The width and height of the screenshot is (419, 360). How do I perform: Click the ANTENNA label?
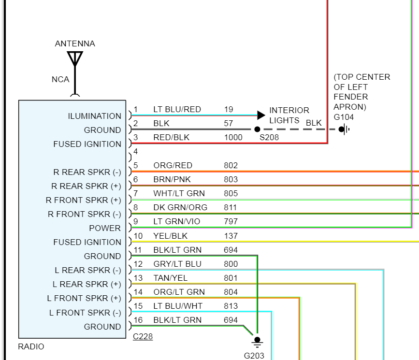(x=75, y=43)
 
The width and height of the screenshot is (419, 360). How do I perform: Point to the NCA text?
(x=60, y=79)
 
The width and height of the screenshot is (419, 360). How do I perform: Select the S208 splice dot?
(x=257, y=130)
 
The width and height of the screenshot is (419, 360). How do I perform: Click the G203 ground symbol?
(x=257, y=341)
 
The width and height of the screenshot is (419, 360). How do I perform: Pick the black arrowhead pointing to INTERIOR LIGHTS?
(x=261, y=115)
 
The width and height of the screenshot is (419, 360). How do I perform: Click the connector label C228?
(x=143, y=337)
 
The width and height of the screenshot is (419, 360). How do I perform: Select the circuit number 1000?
(x=233, y=138)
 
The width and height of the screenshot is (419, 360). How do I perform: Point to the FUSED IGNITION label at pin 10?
(x=87, y=242)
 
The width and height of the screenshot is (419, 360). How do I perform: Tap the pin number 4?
(x=136, y=152)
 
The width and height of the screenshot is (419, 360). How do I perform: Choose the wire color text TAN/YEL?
(x=170, y=278)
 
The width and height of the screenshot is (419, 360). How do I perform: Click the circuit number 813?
(x=231, y=306)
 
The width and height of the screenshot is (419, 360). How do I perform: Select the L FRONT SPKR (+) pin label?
(x=84, y=298)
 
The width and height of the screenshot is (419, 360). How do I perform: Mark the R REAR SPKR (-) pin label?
(x=87, y=172)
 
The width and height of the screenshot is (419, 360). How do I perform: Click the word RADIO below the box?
(x=31, y=346)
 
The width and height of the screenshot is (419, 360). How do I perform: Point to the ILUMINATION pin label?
(x=94, y=116)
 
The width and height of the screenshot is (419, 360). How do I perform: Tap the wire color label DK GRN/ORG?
(x=180, y=208)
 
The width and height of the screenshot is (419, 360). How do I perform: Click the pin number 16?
(x=138, y=320)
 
